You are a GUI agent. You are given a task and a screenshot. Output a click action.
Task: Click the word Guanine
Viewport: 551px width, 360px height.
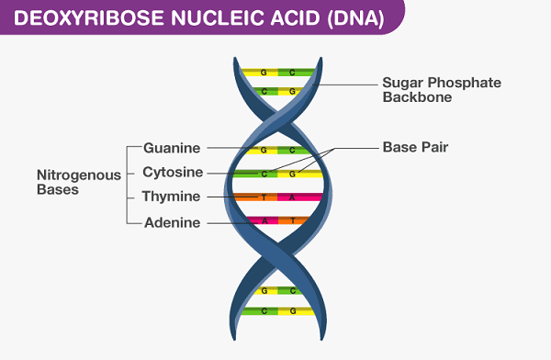coord(172,147)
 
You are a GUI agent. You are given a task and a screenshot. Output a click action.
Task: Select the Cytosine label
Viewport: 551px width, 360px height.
coord(173,172)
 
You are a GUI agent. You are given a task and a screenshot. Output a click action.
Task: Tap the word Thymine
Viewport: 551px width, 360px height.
coord(172,197)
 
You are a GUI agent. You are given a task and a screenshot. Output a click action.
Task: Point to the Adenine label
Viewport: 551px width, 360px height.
coord(173,221)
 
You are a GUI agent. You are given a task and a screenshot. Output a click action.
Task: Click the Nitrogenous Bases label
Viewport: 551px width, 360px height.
coord(71,182)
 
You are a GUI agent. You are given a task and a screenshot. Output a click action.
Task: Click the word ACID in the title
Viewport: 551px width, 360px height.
coord(289,18)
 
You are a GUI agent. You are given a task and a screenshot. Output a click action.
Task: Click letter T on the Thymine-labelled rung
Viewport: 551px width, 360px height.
coord(264,197)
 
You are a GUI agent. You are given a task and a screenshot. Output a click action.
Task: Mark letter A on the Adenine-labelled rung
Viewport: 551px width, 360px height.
coord(264,221)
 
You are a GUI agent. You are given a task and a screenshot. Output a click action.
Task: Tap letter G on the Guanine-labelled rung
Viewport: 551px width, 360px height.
coord(264,149)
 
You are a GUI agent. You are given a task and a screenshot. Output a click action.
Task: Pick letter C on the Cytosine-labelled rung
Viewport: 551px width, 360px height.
coord(264,173)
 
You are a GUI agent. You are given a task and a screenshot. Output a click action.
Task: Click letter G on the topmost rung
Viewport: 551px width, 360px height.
coord(264,72)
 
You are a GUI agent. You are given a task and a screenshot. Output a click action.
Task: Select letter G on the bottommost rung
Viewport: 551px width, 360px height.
coord(293,311)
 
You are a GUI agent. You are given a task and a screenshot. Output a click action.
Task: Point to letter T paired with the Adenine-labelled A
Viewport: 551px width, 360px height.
coord(293,221)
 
